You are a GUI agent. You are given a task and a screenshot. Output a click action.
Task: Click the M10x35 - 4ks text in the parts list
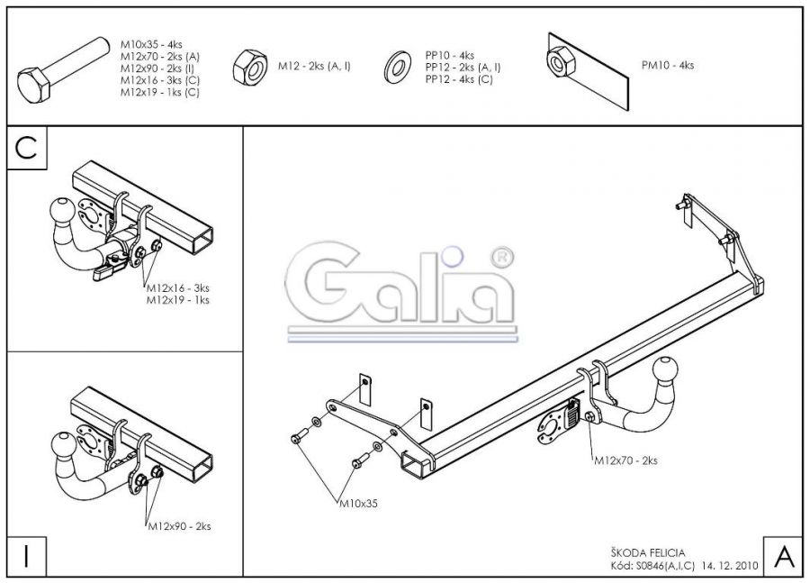click(151, 44)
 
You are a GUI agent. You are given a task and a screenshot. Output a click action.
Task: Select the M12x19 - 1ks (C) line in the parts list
click(160, 92)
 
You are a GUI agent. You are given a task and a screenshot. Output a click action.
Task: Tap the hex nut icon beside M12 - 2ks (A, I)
click(250, 67)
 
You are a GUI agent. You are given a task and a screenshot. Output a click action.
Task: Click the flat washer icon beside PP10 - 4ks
click(398, 68)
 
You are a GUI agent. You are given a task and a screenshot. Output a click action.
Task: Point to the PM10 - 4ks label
click(668, 65)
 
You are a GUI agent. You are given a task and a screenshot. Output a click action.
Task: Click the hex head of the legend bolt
click(34, 85)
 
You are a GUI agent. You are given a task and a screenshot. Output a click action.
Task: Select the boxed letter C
click(26, 149)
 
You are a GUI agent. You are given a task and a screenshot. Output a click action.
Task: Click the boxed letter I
click(26, 557)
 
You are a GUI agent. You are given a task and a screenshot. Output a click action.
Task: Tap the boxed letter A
click(784, 557)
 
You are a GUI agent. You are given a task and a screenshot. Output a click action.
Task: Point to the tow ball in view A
click(665, 371)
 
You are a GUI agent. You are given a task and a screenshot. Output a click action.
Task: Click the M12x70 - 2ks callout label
click(625, 460)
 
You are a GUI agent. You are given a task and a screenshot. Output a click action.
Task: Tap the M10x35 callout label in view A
click(358, 503)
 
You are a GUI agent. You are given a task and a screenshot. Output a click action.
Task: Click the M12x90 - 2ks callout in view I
click(179, 526)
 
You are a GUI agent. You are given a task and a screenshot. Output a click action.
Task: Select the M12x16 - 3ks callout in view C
click(178, 288)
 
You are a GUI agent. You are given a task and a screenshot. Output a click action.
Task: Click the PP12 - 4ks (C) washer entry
click(459, 79)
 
